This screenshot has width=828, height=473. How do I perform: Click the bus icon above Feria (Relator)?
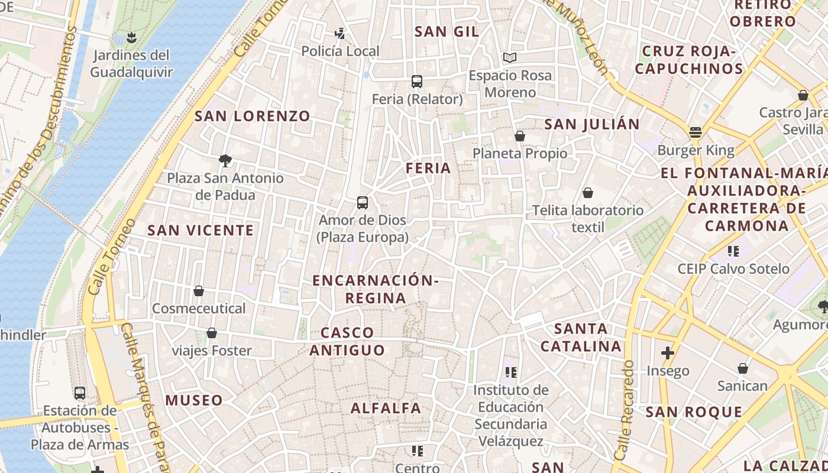click(x=417, y=81)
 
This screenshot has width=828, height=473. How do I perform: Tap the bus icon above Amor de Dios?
click(x=363, y=203)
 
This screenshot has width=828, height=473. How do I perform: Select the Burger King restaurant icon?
click(x=696, y=132)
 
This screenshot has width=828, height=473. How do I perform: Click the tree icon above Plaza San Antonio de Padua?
click(x=225, y=160)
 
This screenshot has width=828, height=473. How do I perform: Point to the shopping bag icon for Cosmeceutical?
click(x=199, y=291)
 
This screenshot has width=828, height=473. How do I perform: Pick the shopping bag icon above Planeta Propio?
click(x=520, y=136)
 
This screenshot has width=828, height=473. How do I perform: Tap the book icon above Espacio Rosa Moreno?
click(x=510, y=57)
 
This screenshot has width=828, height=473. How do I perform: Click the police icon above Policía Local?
click(x=340, y=33)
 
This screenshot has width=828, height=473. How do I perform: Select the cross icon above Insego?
click(x=668, y=353)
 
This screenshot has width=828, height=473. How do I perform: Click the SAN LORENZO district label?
click(x=253, y=116)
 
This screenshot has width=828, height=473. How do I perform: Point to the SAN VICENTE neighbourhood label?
click(x=200, y=230)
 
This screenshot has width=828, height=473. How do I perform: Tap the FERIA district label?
click(x=428, y=168)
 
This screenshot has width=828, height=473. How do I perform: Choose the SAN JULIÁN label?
click(x=592, y=124)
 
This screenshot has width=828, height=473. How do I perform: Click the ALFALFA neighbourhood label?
click(x=386, y=408)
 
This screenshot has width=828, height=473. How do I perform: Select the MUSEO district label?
click(x=194, y=400)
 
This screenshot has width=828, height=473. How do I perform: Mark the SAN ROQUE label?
click(x=694, y=412)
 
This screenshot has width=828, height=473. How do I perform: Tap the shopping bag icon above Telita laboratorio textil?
click(x=588, y=193)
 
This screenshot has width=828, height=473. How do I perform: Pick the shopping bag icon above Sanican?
click(x=743, y=369)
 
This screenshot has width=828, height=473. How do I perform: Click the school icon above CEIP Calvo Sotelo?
click(x=733, y=251)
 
